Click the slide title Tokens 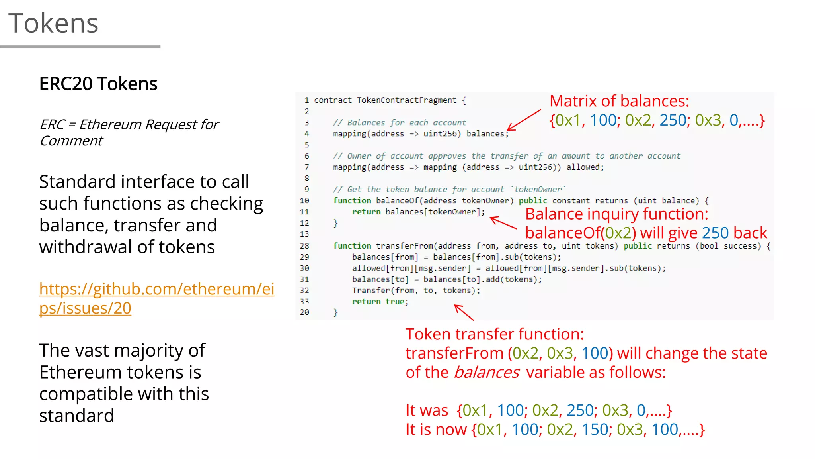(53, 23)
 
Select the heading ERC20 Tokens (98, 84)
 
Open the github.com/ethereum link (156, 298)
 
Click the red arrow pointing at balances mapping (524, 120)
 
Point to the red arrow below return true (464, 312)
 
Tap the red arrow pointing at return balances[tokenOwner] (503, 222)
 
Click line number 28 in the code (304, 246)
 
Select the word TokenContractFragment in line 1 (406, 100)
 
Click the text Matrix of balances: (619, 101)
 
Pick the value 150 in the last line (595, 430)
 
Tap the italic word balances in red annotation (486, 373)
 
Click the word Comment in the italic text (71, 141)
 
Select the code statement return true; (380, 302)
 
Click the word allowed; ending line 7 (585, 167)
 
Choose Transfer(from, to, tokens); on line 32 (416, 291)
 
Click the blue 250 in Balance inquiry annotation (715, 233)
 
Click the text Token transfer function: (494, 334)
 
